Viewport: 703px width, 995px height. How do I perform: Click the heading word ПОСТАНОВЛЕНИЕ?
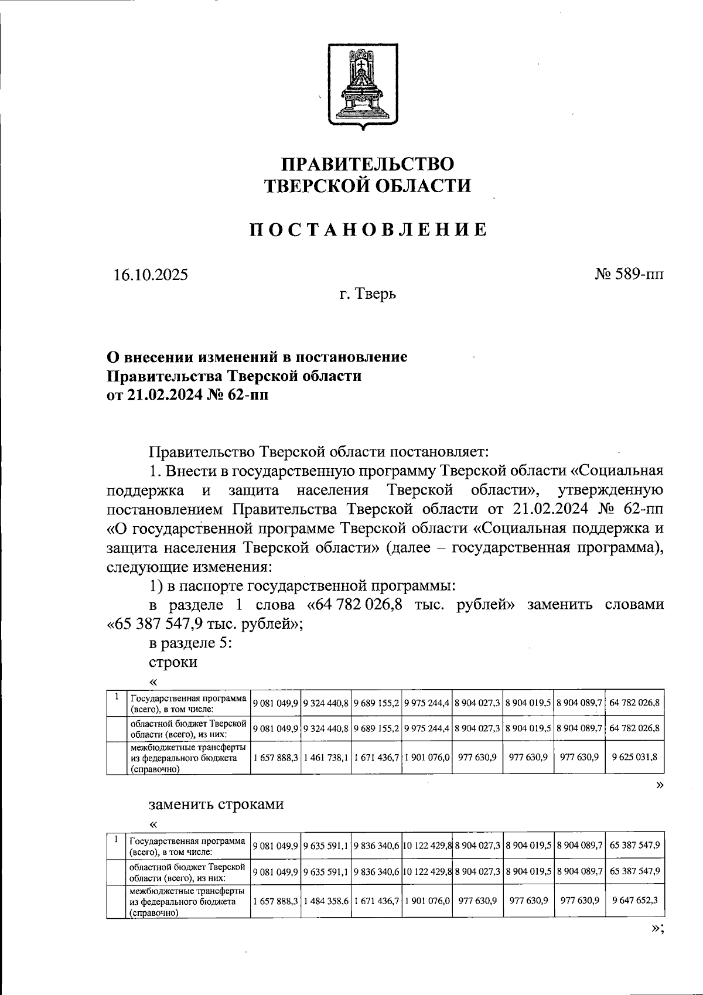[x=369, y=230]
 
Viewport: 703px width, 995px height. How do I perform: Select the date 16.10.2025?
[x=151, y=274]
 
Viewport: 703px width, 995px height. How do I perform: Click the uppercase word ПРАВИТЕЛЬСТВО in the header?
[x=367, y=163]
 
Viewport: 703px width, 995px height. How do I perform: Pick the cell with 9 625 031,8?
[x=634, y=757]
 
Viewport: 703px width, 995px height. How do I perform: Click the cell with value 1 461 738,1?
[x=326, y=757]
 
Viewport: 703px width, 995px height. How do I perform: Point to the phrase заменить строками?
[x=216, y=803]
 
